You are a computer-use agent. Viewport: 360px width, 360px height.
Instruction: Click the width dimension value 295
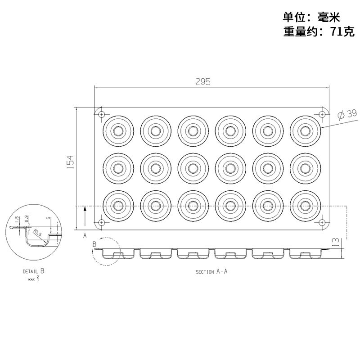click(x=203, y=81)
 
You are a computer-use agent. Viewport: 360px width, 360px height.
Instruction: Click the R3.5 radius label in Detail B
click(x=38, y=233)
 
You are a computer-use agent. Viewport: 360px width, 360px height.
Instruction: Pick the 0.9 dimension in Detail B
click(x=27, y=219)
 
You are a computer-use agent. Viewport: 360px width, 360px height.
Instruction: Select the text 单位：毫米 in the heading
click(x=310, y=17)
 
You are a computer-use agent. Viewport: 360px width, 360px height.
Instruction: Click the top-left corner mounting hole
click(x=102, y=114)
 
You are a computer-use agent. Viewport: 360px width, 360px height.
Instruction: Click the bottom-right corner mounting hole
click(x=322, y=222)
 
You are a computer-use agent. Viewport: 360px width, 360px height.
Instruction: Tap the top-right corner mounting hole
click(x=322, y=114)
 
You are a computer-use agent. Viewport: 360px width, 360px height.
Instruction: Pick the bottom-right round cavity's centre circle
click(x=306, y=206)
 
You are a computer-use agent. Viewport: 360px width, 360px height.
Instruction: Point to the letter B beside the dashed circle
click(x=94, y=244)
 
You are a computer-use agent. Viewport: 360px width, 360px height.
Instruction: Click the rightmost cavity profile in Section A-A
click(x=306, y=254)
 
